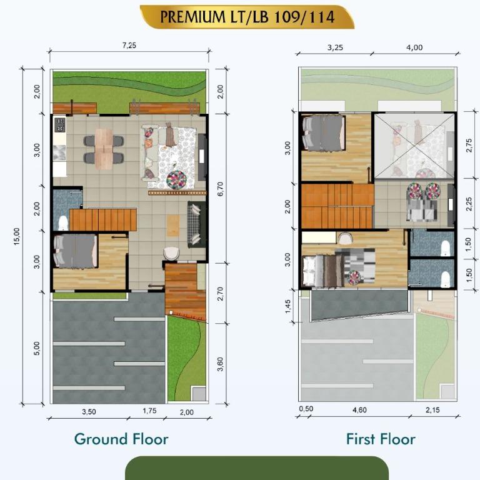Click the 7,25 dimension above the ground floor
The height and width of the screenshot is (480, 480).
129,45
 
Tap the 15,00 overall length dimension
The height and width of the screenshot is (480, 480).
17,236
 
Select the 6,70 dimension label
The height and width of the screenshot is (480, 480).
221,189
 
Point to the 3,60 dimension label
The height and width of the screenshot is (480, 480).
221,364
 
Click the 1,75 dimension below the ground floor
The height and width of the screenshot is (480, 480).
150,411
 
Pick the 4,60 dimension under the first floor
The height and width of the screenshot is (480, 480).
359,410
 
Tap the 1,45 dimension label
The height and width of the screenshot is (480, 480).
287,306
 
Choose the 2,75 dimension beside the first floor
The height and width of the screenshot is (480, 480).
469,146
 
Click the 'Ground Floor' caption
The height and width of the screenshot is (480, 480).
121,439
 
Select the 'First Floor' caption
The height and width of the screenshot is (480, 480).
381,439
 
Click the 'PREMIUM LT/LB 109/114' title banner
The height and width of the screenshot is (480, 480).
247,17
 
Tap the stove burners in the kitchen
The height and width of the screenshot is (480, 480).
60,125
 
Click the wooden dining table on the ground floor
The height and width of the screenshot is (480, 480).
104,149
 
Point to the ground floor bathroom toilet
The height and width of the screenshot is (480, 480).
63,222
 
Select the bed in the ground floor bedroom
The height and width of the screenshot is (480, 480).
76,251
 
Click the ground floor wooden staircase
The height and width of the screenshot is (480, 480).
103,219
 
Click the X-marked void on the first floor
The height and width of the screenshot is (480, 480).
414,146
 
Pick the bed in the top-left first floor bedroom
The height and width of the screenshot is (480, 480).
324,132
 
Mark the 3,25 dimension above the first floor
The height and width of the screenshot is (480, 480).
335,47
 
